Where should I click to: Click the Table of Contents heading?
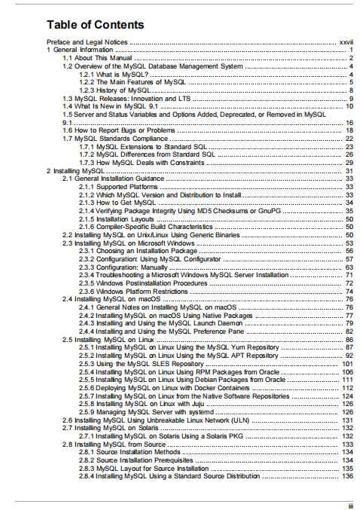pyautogui.click(x=96, y=26)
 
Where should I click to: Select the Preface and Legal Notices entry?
pyautogui.click(x=87, y=42)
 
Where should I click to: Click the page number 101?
pyautogui.click(x=347, y=363)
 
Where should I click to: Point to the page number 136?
pyautogui.click(x=347, y=475)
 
